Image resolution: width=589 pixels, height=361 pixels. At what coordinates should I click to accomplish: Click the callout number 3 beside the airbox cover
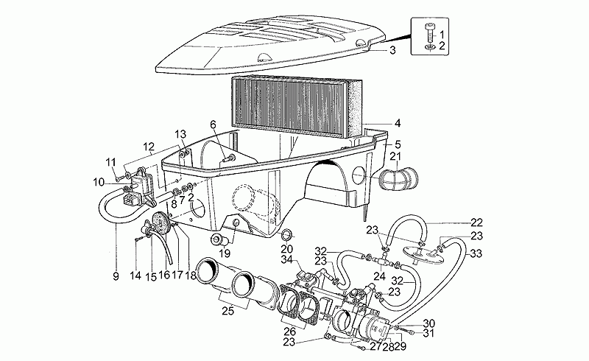coord(392,50)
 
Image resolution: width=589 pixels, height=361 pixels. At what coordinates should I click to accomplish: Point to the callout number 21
coord(397,156)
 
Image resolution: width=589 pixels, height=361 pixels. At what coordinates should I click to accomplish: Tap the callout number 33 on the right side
coord(476,254)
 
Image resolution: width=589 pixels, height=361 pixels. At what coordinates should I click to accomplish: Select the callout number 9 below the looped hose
coord(116,276)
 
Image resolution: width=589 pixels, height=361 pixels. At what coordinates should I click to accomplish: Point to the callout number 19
coord(225,253)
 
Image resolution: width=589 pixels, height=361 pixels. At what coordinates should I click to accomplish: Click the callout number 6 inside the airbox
coord(213,123)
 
